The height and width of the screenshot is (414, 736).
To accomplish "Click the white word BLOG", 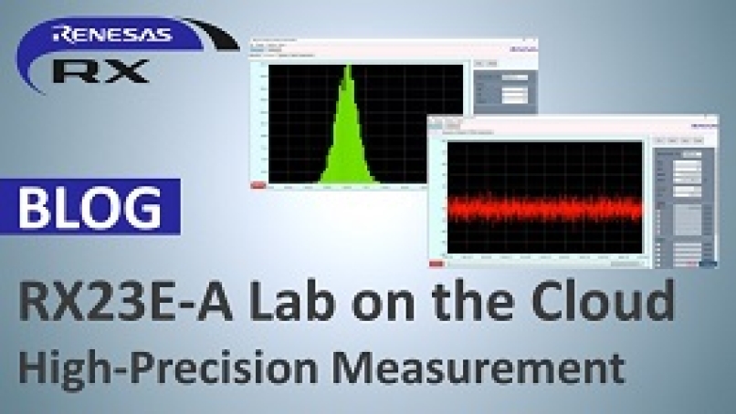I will pos(89,207).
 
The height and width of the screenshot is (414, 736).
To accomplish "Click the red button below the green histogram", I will pos(258,185).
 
